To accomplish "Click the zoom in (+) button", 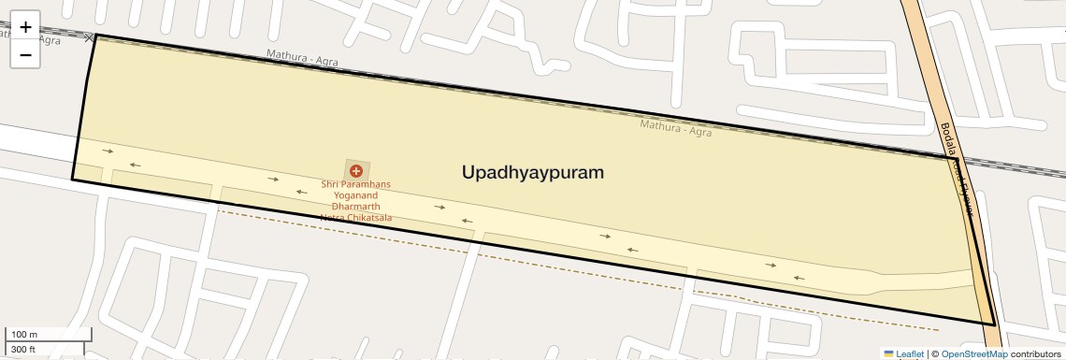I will (25, 27).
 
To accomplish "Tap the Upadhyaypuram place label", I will (532, 173).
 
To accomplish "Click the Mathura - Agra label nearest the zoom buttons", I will (302, 57).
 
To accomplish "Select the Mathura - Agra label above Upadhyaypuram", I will (675, 127).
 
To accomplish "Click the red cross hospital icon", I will (355, 171).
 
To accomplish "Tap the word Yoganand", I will (355, 196).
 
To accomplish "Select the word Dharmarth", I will (355, 207).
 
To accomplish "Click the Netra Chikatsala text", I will (355, 218).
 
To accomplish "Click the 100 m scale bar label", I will (23, 335).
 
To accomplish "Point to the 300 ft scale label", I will (23, 350).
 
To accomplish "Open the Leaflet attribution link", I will (909, 354).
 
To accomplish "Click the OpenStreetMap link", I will (973, 354).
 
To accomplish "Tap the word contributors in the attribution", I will (1035, 354).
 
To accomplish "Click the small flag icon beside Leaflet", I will (888, 354).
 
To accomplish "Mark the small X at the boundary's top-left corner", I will (90, 37).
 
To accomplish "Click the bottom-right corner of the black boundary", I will (995, 324).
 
